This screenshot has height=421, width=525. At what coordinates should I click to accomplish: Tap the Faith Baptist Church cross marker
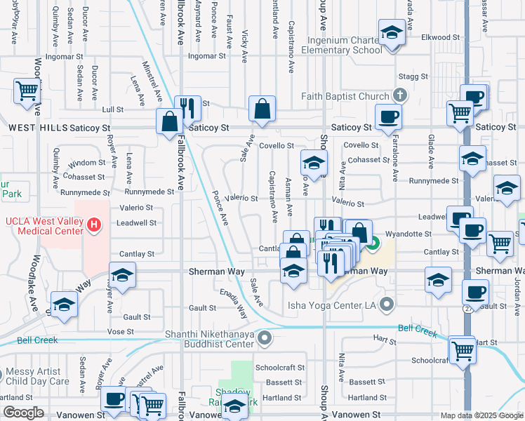[400, 95]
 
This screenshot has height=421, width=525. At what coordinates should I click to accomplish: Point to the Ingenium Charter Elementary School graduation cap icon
[391, 32]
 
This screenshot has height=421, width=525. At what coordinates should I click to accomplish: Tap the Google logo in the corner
[24, 413]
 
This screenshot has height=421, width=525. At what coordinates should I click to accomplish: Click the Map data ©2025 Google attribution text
[481, 415]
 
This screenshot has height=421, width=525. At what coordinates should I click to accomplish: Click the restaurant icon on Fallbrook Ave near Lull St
[187, 107]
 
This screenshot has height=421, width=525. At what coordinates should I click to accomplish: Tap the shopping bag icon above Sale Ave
[262, 109]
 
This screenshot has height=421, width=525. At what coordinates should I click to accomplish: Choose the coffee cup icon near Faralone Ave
[387, 116]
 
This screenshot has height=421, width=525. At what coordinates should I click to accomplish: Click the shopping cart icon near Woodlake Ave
[27, 90]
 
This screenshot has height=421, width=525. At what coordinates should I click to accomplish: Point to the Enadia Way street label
[234, 300]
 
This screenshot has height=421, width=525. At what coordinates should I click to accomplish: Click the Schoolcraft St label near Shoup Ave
[279, 367]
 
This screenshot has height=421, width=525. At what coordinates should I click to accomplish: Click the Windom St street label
[87, 162]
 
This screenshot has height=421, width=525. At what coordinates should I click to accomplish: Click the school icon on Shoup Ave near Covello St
[314, 163]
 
